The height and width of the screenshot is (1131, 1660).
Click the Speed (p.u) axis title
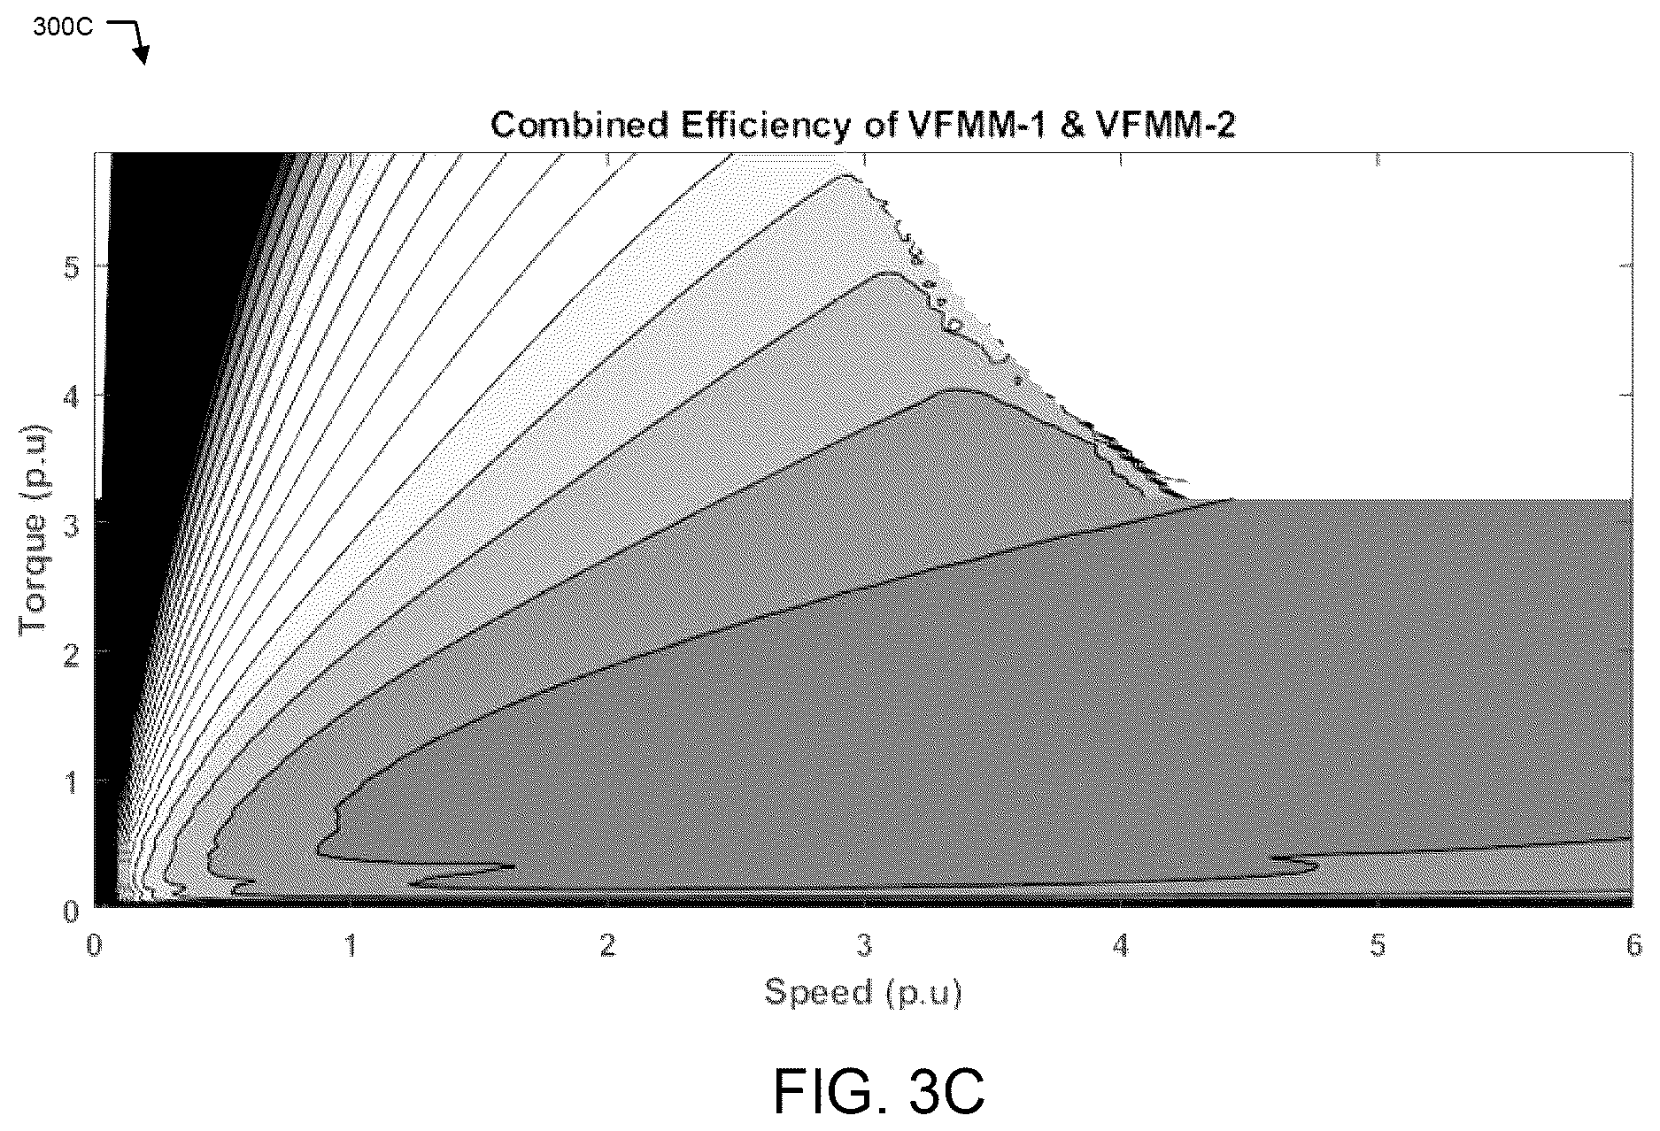point(863,992)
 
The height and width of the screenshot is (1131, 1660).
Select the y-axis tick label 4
point(71,396)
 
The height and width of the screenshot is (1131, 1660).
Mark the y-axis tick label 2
point(71,653)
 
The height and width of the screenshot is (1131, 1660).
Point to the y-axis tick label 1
point(71,781)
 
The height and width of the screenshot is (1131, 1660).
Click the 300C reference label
point(63,27)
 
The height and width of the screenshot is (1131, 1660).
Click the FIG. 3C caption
point(879,1091)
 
